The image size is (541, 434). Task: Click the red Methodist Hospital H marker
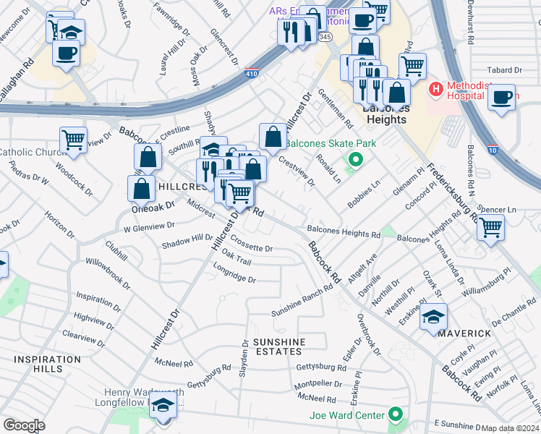click(x=435, y=90)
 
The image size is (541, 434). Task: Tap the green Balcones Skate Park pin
click(x=354, y=160)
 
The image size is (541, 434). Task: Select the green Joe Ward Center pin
click(x=395, y=414)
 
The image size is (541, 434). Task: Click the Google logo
click(x=24, y=425)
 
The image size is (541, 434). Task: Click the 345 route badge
click(x=327, y=35)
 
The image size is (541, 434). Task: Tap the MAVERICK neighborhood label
click(x=462, y=333)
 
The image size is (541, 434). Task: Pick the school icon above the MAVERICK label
click(x=433, y=317)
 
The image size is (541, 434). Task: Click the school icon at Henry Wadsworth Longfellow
click(x=163, y=405)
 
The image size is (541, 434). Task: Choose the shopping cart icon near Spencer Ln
click(x=491, y=227)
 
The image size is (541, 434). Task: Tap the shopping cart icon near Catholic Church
click(x=73, y=140)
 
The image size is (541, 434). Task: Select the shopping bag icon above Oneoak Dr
click(x=142, y=187)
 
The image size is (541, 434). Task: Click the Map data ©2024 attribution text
click(x=511, y=428)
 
